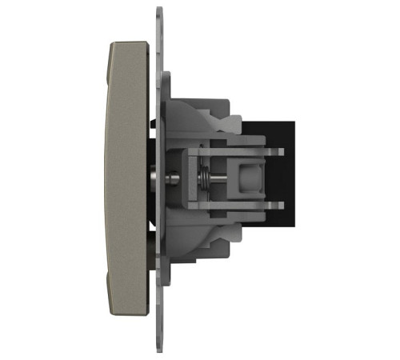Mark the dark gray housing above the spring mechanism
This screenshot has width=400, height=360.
tap(200, 120)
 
